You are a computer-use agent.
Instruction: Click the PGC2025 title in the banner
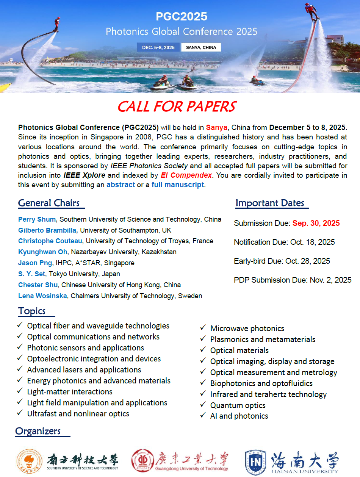182,17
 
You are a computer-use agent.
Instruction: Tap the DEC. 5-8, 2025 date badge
158,47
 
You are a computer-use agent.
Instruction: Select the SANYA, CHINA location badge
201,47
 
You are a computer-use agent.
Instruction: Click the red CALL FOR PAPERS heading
177,106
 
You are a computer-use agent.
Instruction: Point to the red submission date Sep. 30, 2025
316,223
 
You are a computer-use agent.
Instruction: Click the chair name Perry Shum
38,219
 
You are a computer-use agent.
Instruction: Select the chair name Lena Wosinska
43,296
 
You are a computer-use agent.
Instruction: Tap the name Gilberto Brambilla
48,230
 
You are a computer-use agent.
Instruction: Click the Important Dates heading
270,203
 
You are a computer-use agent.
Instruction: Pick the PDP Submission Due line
293,280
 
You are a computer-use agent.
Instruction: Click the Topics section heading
32,311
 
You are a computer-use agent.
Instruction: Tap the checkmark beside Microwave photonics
203,328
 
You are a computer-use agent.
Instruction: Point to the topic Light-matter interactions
70,392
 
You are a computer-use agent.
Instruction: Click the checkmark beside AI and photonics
203,416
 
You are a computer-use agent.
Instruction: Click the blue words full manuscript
178,185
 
